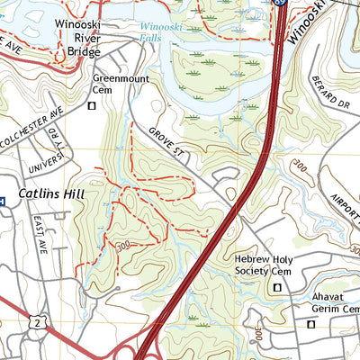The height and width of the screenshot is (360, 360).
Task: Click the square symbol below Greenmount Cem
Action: pyautogui.click(x=92, y=105)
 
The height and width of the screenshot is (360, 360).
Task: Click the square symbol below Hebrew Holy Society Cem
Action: pyautogui.click(x=276, y=287)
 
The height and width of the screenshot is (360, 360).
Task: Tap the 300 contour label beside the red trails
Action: pyautogui.click(x=122, y=245)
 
